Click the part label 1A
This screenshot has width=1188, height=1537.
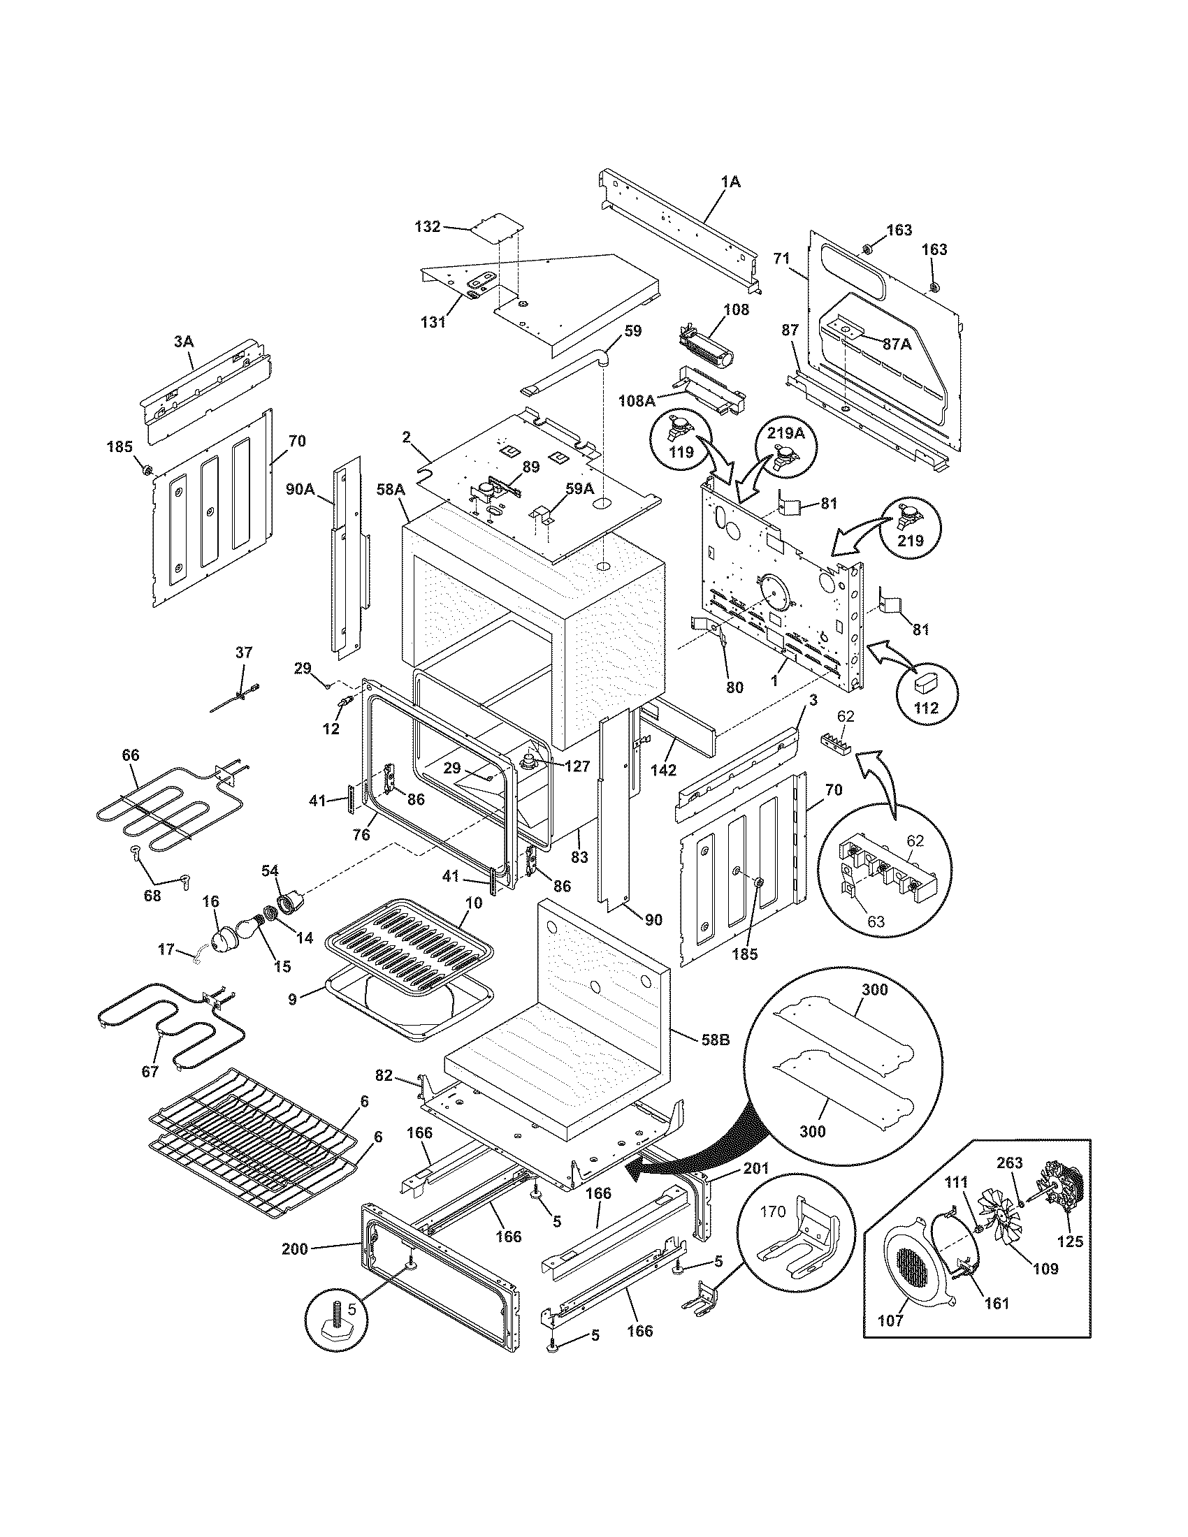(730, 182)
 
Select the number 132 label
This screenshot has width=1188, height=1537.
(427, 226)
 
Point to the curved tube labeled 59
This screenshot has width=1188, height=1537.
(570, 370)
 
